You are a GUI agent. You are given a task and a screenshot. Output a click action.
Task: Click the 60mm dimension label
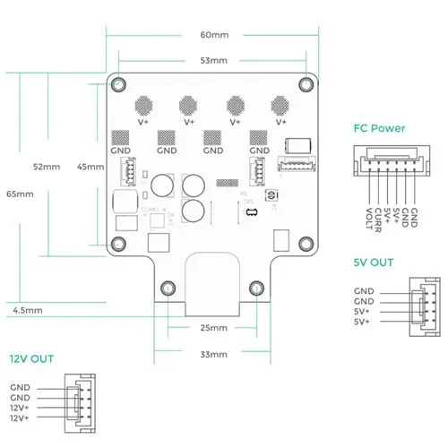pos(214,35)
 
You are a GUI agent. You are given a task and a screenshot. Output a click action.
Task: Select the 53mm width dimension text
pos(214,61)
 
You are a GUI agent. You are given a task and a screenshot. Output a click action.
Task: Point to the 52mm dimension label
pos(46,168)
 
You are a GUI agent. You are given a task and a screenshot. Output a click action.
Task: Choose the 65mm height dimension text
pos(19,194)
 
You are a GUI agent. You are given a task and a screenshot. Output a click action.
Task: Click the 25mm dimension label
pos(213,328)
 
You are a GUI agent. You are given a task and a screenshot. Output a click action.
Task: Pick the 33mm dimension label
pos(213,355)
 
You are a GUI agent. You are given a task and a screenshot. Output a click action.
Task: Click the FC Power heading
pos(380,129)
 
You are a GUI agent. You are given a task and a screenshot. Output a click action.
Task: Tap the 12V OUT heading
pos(31,359)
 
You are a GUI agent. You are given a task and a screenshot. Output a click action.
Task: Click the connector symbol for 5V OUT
pos(420,306)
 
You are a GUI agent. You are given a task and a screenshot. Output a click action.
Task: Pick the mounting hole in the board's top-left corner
pos(118,84)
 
